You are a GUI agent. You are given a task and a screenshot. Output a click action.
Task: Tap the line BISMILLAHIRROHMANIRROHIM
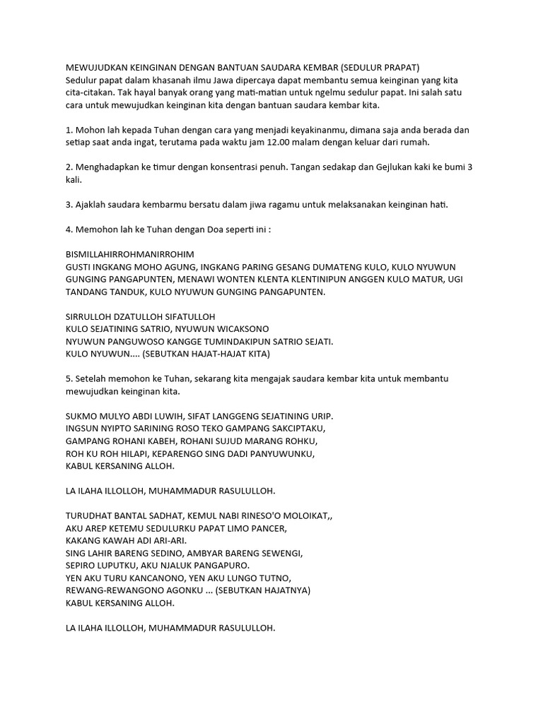coord(129,254)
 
